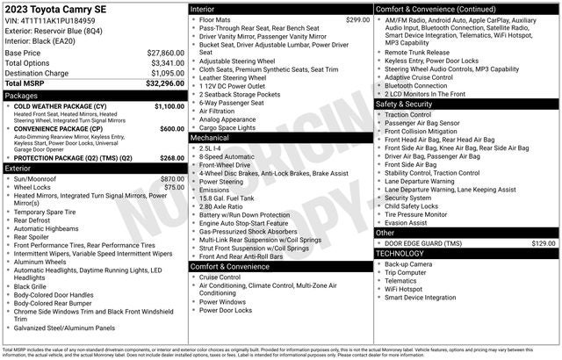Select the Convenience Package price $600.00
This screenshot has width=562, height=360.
click(x=171, y=128)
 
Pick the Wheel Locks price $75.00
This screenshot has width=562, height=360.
click(x=174, y=187)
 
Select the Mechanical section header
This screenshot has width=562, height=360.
click(x=210, y=138)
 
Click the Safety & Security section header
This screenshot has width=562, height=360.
click(x=405, y=104)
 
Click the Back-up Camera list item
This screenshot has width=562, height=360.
click(x=407, y=263)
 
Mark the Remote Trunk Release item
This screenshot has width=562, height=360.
click(x=418, y=52)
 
